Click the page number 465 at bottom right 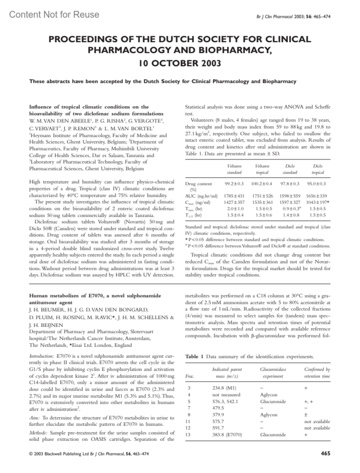point(325,454)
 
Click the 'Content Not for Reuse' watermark point(54,14)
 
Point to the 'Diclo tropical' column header point(318,169)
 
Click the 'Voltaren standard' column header point(234,169)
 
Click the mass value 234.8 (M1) point(224,388)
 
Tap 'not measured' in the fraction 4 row point(226,395)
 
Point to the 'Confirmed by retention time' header point(317,373)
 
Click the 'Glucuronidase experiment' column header point(273,373)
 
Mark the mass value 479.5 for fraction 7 point(218,408)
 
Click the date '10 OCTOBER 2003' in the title point(180,63)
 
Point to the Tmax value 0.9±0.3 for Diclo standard point(289,209)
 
